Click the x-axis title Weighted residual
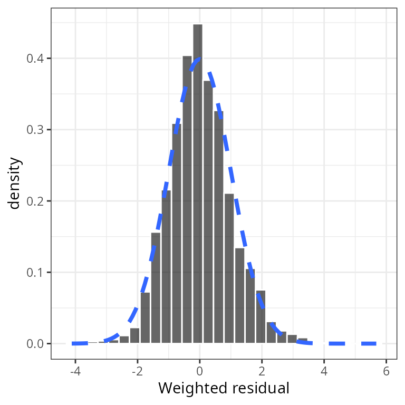pyautogui.click(x=224, y=389)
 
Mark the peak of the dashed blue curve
pyautogui.click(x=199, y=58)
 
